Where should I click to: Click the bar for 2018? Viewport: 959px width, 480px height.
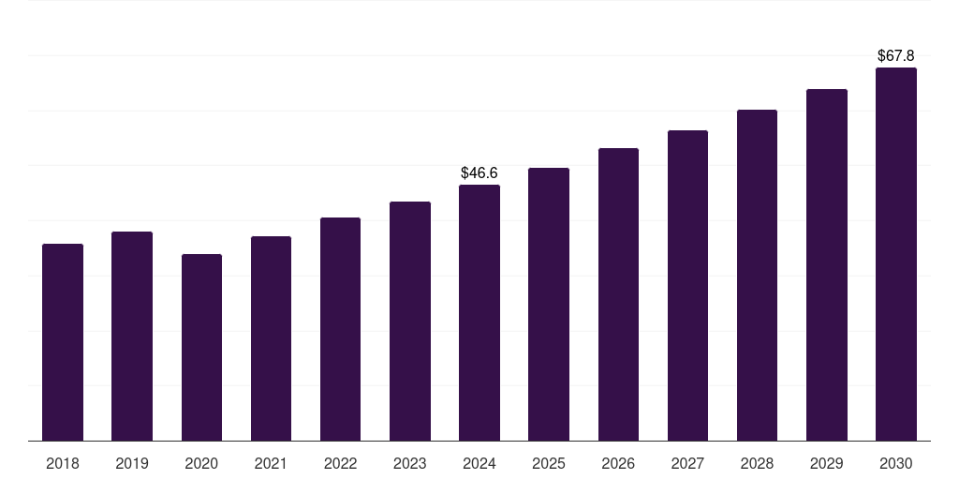pyautogui.click(x=63, y=342)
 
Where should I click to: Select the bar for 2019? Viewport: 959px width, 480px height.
pyautogui.click(x=132, y=336)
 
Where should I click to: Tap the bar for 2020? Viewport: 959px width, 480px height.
pyautogui.click(x=201, y=347)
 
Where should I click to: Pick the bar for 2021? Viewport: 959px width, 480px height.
pyautogui.click(x=271, y=338)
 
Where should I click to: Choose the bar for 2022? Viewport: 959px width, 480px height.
pyautogui.click(x=340, y=329)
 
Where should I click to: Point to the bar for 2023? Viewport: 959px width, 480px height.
pyautogui.click(x=410, y=321)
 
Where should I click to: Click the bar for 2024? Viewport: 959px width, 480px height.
pyautogui.click(x=479, y=312)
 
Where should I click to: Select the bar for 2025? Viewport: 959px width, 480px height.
pyautogui.click(x=549, y=304)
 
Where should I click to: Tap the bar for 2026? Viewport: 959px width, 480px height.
pyautogui.click(x=618, y=294)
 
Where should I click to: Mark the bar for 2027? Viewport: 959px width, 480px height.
pyautogui.click(x=687, y=285)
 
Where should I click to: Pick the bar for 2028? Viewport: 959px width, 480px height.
pyautogui.click(x=757, y=275)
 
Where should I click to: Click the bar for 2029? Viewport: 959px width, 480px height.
pyautogui.click(x=827, y=264)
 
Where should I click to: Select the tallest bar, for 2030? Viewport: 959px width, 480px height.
pyautogui.click(x=896, y=254)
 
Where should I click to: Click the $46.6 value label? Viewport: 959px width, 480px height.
pyautogui.click(x=479, y=173)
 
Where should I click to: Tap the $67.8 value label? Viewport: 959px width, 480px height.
pyautogui.click(x=896, y=56)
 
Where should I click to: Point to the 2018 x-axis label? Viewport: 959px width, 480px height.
pyautogui.click(x=63, y=463)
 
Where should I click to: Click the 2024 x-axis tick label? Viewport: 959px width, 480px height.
pyautogui.click(x=479, y=463)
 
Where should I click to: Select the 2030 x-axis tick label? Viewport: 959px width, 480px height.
pyautogui.click(x=896, y=463)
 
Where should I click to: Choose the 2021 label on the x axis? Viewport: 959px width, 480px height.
pyautogui.click(x=271, y=463)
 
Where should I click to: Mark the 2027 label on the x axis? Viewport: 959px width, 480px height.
pyautogui.click(x=687, y=463)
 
